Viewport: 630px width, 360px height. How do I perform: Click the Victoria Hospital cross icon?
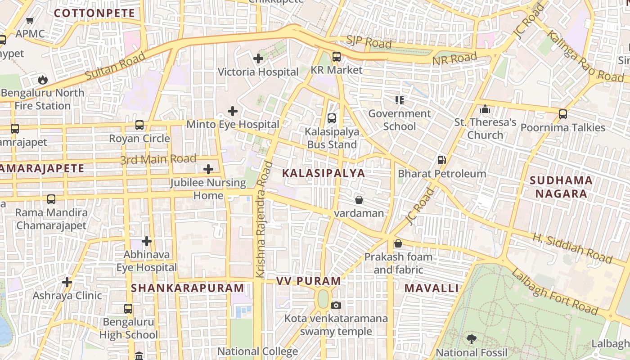click(x=258, y=58)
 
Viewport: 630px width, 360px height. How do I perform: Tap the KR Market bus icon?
click(x=337, y=57)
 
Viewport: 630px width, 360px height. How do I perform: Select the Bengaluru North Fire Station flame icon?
click(x=43, y=80)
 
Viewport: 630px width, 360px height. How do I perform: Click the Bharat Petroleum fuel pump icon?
click(x=442, y=160)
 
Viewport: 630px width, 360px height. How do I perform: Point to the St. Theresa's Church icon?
click(x=485, y=109)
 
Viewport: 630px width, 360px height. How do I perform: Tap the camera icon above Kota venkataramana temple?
click(x=336, y=306)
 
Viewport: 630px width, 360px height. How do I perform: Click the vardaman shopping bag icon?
click(x=359, y=200)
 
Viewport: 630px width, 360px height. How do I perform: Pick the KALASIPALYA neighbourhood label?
click(x=324, y=173)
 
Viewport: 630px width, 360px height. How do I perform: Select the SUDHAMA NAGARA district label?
click(x=561, y=187)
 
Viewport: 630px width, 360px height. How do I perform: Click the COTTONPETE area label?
click(x=94, y=13)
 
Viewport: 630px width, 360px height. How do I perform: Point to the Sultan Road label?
click(x=115, y=66)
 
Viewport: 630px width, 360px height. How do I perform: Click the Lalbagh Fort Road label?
click(x=554, y=292)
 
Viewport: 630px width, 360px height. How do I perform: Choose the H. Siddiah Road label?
click(x=572, y=248)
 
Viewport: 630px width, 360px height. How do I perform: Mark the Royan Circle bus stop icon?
click(x=139, y=125)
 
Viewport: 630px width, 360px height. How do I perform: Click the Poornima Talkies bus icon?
click(x=563, y=114)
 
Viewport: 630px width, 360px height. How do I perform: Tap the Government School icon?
click(x=400, y=100)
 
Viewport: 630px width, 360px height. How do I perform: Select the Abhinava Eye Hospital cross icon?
click(x=147, y=242)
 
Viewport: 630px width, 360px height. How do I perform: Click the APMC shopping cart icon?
click(x=30, y=20)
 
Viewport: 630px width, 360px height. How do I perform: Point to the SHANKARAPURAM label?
click(x=188, y=288)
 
